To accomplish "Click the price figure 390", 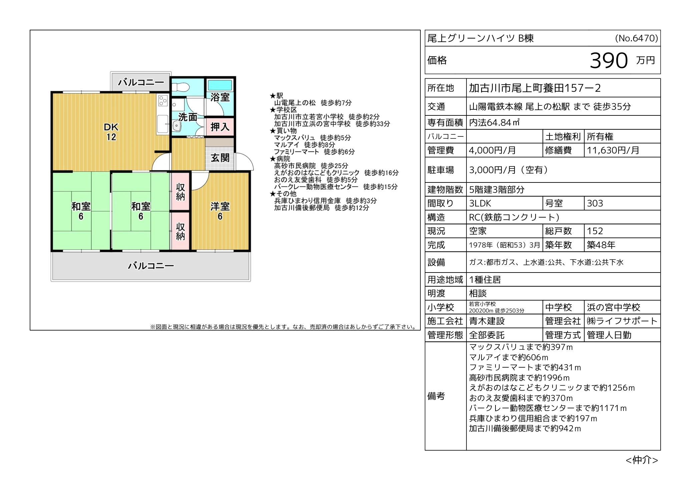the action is pos(609,60).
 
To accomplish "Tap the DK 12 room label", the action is pos(111,132).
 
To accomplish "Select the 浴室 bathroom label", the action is pos(220,97).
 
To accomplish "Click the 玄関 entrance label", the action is pos(220,157).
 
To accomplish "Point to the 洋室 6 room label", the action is pos(220,211).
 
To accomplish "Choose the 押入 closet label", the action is pos(220,127).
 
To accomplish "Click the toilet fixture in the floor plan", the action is pos(180,87).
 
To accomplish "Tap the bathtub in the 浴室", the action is pos(220,85).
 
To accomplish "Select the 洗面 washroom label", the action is pos(188,117).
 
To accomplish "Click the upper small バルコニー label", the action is pos(141,82).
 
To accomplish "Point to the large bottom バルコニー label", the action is pos(151,266).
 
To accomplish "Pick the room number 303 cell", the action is pos(595,203).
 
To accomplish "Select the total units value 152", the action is pos(595,231).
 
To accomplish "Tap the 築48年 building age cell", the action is pos(601,245).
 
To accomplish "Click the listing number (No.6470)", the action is pos(637,38).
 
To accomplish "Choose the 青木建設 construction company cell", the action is pos(487,321).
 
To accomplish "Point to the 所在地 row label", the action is pos(441,88).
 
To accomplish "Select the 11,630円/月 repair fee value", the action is pos(613,150).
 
